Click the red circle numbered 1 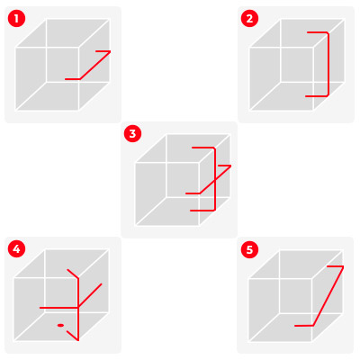pyautogui.click(x=16, y=19)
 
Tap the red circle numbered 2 pyautogui.click(x=249, y=19)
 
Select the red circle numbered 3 pyautogui.click(x=132, y=134)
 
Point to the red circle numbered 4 pyautogui.click(x=16, y=249)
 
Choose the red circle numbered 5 pyautogui.click(x=249, y=249)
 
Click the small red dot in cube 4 pyautogui.click(x=60, y=325)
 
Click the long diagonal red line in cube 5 pyautogui.click(x=328, y=296)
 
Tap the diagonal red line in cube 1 pyautogui.click(x=94, y=66)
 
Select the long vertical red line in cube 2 pyautogui.click(x=328, y=64)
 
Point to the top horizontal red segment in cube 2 pyautogui.click(x=318, y=31)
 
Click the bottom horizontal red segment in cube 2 pyautogui.click(x=316, y=96)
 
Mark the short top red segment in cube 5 pyautogui.click(x=335, y=266)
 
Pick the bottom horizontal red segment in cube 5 pyautogui.click(x=303, y=326)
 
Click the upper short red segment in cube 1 pyautogui.click(x=103, y=51)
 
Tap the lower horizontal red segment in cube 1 pyautogui.click(x=73, y=79)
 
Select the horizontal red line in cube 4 pyautogui.click(x=59, y=308)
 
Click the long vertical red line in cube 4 pyautogui.click(x=78, y=309)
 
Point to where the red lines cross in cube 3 pyautogui.click(x=215, y=179)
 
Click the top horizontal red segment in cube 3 pyautogui.click(x=203, y=148)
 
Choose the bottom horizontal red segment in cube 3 pyautogui.click(x=202, y=211)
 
